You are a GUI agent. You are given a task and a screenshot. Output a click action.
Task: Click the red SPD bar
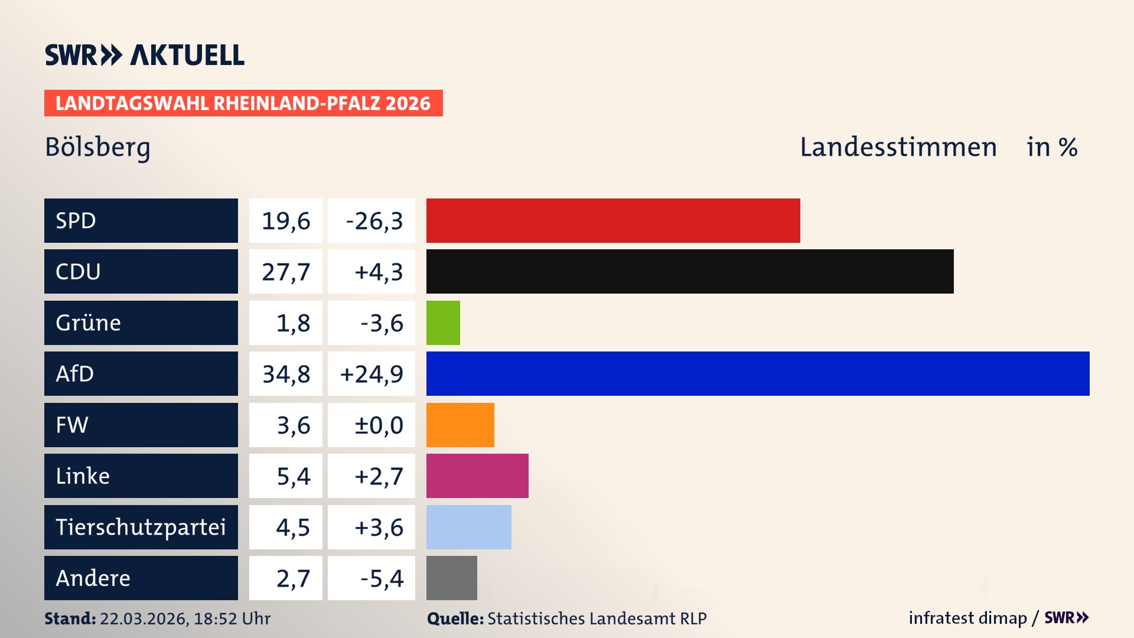[x=613, y=220]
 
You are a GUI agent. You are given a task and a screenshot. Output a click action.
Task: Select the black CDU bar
[x=690, y=271]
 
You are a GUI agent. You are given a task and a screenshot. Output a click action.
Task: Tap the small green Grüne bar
[x=443, y=323]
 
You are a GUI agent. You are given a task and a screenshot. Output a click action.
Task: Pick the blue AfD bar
[x=758, y=373]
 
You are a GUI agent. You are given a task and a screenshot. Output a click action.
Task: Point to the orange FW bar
[x=460, y=425]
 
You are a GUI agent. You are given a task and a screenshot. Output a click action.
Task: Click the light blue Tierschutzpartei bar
[x=468, y=527]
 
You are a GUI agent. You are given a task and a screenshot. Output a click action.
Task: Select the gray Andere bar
[x=451, y=578]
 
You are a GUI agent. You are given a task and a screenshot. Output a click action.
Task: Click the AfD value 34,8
[x=286, y=374]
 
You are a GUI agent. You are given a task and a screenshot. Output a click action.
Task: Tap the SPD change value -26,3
[x=374, y=221]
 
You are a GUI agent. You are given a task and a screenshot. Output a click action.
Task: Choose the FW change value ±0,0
[x=378, y=425]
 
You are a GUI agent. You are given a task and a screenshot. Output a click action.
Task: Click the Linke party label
[x=83, y=476]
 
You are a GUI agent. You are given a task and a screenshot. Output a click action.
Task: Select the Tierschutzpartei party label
[x=141, y=527]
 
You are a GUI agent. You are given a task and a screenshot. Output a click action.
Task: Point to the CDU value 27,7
[x=286, y=272]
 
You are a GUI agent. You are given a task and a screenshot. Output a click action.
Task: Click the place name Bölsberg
[x=98, y=147]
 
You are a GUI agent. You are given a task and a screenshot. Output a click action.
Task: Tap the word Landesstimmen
[x=898, y=147]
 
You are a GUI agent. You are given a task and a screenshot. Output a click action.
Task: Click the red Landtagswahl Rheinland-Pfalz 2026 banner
[x=243, y=103]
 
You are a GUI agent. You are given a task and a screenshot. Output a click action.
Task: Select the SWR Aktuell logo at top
[x=145, y=55]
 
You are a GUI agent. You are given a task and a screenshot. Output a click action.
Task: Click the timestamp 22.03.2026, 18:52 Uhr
[x=185, y=619]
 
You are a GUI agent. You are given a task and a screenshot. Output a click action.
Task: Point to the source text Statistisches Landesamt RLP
[x=597, y=619]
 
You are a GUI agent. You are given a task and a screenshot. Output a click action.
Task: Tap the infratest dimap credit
[x=967, y=618]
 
